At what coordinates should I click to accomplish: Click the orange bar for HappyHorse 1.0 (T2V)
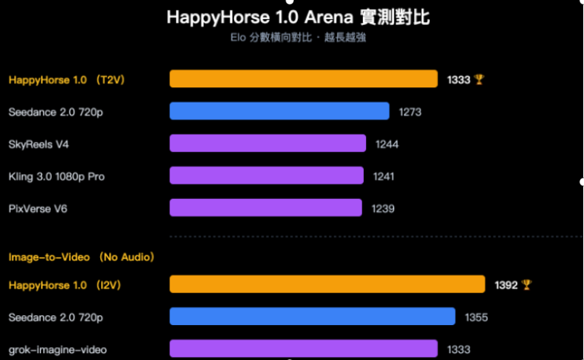[303, 79]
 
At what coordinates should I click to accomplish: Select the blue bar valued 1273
[279, 112]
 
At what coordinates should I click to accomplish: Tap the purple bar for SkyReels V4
[267, 144]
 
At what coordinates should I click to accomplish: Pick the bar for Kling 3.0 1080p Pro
[267, 175]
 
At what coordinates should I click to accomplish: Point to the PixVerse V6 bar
[266, 207]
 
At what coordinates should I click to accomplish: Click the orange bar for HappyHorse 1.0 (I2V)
[327, 284]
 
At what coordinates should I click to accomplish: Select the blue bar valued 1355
[312, 317]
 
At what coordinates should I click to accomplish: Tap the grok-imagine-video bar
[303, 349]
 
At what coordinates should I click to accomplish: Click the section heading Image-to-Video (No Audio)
[81, 257]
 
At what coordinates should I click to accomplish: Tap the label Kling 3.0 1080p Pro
[56, 176]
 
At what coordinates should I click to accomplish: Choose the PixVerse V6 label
[37, 208]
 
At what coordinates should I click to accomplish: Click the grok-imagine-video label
[57, 349]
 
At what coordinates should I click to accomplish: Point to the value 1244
[387, 144]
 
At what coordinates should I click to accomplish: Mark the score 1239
[383, 208]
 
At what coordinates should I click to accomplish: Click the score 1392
[506, 285]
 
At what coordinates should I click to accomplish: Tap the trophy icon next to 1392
[527, 285]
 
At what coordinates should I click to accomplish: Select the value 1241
[384, 176]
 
